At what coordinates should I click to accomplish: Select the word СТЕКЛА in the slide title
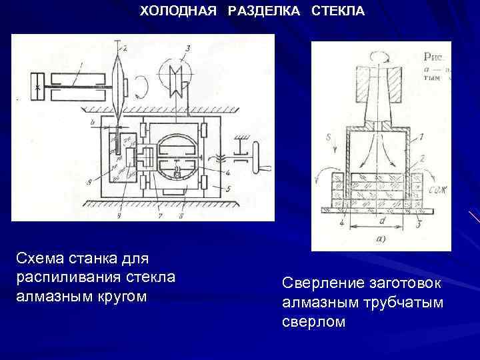coord(338,11)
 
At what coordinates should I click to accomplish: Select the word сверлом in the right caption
coord(313,321)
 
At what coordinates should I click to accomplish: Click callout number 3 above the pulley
coord(189,47)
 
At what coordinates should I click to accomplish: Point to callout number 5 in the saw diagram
coord(228,189)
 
